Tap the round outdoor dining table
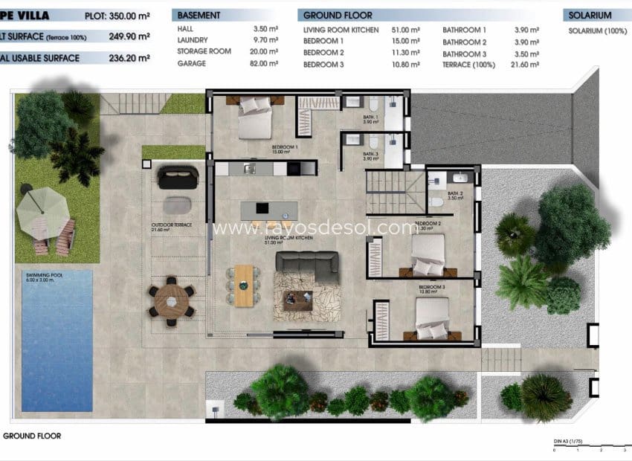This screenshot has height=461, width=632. (172, 301)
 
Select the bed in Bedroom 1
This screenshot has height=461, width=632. (254, 118)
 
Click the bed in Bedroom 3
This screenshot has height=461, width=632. (432, 320)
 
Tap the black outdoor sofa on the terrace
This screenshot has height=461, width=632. (178, 177)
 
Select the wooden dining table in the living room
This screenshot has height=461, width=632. (243, 285)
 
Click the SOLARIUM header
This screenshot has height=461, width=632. (590, 15)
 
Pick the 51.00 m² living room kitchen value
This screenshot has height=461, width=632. (404, 30)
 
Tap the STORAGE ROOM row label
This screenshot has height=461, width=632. (204, 52)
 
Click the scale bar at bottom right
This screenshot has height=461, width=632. (587, 448)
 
